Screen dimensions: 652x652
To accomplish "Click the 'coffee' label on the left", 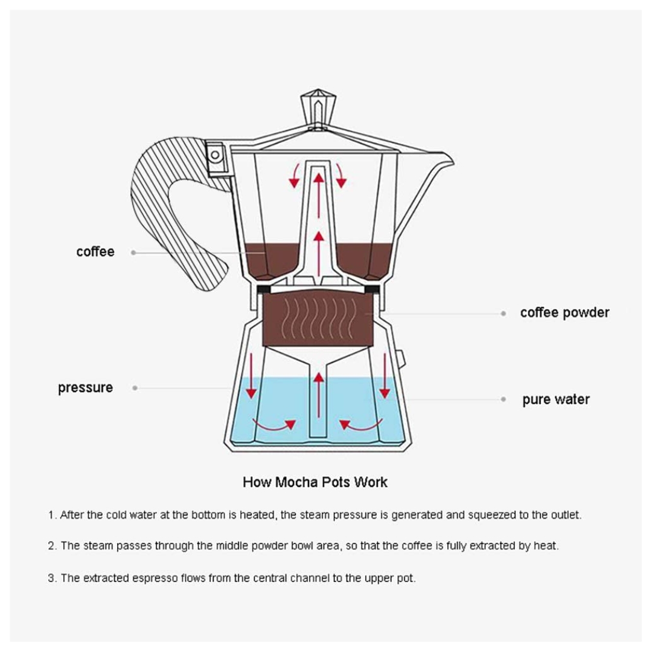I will (95, 252).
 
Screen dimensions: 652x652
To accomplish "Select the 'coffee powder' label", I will (564, 313).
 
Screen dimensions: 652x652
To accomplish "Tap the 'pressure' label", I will (85, 388).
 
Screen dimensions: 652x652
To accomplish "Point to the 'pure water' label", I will (555, 400).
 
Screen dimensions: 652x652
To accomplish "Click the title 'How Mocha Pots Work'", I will (315, 482).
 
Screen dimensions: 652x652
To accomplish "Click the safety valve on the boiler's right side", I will (401, 357).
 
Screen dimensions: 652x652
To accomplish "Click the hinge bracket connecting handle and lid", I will (215, 155).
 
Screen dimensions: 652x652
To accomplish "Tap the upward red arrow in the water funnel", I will (318, 387).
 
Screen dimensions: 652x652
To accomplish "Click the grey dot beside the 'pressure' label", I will (135, 388).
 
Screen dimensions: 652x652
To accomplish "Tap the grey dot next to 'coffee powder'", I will (503, 313).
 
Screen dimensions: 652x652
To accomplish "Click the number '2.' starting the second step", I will (53, 546).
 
